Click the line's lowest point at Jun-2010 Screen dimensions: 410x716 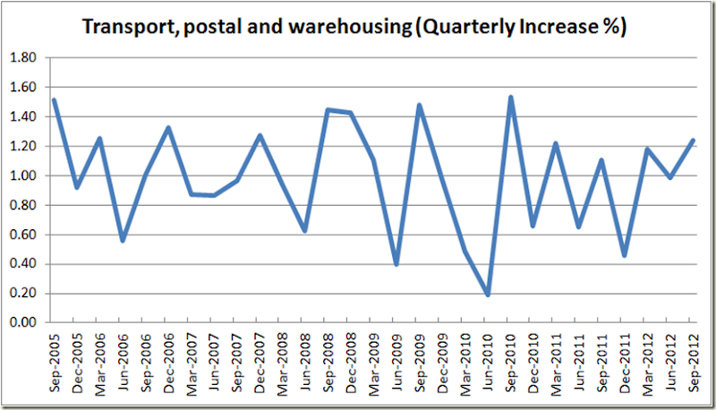tap(488, 295)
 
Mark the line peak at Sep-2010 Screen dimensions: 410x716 tap(510, 98)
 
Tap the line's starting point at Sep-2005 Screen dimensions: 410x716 tap(55, 100)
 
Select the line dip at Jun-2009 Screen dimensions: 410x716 tap(396, 264)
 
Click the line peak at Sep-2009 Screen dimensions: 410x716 tap(419, 106)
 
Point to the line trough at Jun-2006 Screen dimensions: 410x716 tap(123, 240)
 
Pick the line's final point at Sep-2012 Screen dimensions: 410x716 tap(693, 141)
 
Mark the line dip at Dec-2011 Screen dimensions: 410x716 tap(624, 255)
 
